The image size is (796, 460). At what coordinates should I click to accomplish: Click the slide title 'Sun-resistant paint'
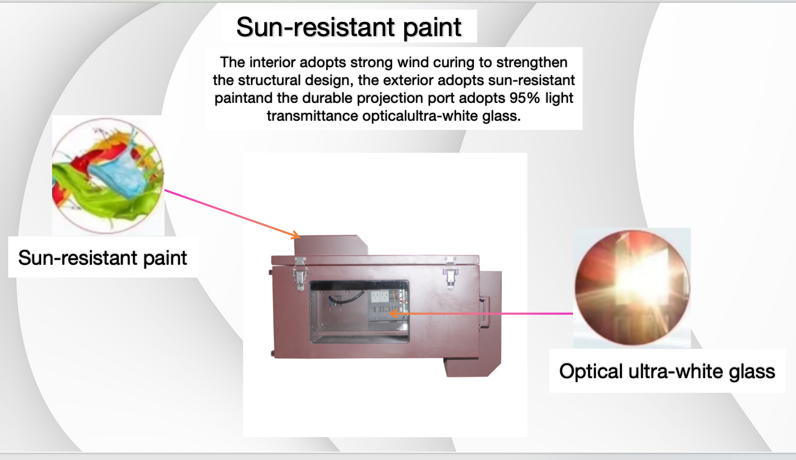[349, 27]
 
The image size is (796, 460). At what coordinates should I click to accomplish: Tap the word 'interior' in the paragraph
[274, 62]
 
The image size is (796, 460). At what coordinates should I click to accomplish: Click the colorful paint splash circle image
[108, 176]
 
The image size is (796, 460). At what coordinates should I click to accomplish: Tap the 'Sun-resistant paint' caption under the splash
[103, 258]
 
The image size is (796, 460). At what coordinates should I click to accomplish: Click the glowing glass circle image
[632, 288]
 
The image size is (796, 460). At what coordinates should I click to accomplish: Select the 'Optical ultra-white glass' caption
[667, 371]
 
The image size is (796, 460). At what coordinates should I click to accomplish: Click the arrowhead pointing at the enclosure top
[296, 235]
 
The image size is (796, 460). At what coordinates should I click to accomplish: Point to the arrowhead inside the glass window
[393, 314]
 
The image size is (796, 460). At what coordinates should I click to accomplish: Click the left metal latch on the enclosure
[300, 273]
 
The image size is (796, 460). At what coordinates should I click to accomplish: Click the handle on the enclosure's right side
[484, 312]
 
